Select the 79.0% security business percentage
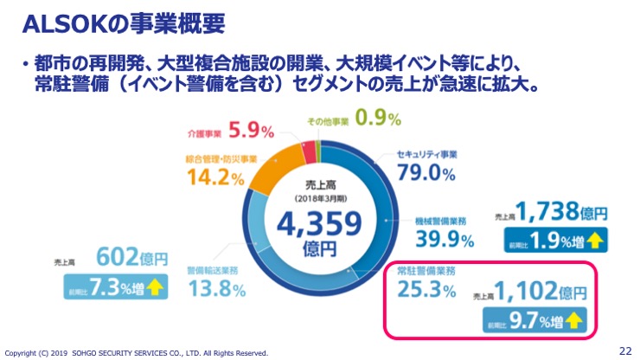coord(425,173)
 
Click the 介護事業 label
coord(205,133)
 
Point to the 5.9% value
coord(253,131)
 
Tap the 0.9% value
coord(377,118)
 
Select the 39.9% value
coord(443,238)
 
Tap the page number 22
coord(625,350)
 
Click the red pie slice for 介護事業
coord(309,151)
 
